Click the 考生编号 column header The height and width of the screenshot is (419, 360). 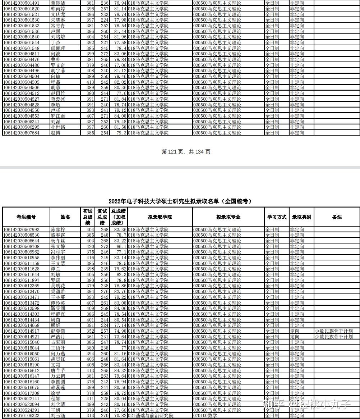26,217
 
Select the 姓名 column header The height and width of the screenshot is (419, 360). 65,217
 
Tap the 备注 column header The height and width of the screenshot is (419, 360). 337,217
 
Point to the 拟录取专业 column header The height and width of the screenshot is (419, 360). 228,217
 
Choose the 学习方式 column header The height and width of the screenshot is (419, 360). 277,217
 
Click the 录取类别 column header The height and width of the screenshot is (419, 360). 301,217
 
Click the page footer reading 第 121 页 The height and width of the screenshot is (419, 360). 186,152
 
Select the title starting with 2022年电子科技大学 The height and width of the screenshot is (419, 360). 180,201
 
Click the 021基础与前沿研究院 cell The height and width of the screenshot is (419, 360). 151,416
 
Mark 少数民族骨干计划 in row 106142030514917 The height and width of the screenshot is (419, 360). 334,331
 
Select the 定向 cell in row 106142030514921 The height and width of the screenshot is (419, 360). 295,337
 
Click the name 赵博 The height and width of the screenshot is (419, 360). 55,133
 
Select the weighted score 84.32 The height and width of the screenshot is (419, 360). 120,370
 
